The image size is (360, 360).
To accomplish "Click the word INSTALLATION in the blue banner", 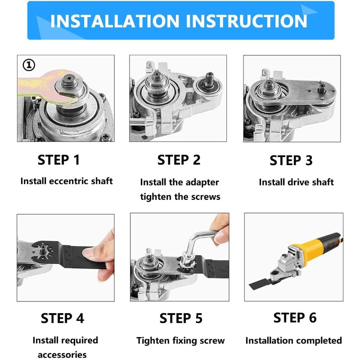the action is click(115, 21).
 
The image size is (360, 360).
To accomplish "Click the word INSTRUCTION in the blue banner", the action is click(246, 21).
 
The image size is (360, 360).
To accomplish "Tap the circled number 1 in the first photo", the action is click(29, 65).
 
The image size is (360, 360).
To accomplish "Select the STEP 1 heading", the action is click(59, 160).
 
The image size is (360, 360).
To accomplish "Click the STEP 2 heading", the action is click(179, 160).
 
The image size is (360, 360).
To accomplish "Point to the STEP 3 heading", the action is click(291, 160).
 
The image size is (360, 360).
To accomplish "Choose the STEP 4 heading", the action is click(63, 318).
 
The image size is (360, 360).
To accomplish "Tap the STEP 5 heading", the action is click(181, 318).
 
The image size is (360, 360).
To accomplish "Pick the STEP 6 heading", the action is click(295, 318).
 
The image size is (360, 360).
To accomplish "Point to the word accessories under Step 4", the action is click(62, 355).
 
